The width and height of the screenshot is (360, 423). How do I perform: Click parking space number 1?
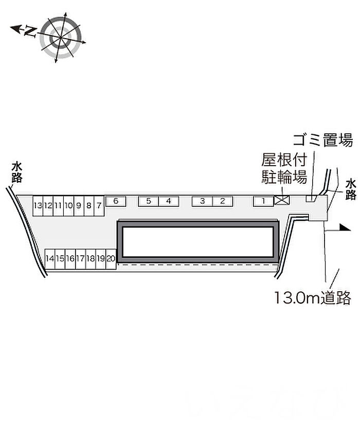point(263,201)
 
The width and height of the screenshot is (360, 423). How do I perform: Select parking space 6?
point(116,201)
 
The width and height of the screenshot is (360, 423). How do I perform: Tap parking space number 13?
point(38,206)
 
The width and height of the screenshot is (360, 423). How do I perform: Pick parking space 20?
point(111,259)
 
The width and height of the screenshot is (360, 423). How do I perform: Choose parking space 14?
point(50,259)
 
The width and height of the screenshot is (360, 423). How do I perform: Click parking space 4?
point(169,201)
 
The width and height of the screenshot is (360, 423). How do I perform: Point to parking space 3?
point(202,201)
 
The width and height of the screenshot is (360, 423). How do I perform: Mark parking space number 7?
point(99,206)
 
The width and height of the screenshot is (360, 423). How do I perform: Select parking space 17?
point(80,259)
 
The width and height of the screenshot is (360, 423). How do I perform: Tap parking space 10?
point(68,206)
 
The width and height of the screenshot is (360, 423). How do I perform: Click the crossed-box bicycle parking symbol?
point(282,201)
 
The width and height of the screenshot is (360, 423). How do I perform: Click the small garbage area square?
point(311,198)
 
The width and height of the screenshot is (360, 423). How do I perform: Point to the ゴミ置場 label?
point(323,140)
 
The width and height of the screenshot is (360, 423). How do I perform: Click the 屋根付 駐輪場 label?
point(284,169)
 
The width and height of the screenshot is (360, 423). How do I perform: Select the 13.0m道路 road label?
point(313,297)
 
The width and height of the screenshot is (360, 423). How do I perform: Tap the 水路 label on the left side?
point(17,172)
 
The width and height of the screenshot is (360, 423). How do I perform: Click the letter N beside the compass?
point(30,31)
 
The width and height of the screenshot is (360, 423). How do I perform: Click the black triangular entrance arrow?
point(345,227)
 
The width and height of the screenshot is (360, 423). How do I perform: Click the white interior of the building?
point(198,242)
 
